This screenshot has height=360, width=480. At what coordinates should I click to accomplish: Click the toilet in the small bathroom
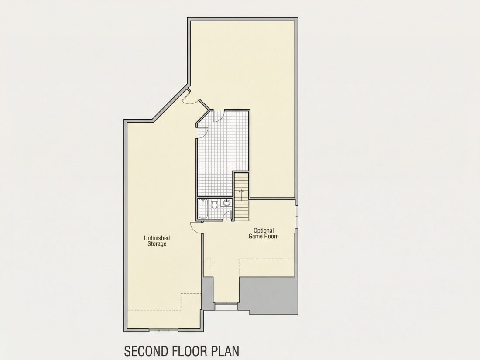coord(214,204)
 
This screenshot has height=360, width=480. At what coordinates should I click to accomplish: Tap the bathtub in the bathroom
coord(203,209)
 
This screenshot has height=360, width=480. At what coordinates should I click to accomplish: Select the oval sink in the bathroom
coord(226,202)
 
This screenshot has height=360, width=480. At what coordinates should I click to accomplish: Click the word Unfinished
coord(157,238)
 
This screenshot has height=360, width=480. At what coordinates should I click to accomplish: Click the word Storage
coord(157,244)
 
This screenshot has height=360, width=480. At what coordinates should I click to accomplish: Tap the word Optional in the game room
coord(264,230)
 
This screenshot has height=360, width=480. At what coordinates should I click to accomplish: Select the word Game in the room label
coord(255,237)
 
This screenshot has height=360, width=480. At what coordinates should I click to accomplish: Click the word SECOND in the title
coord(145,351)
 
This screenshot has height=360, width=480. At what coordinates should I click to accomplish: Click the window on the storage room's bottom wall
coord(164,330)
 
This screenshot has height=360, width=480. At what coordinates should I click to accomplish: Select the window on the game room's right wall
coord(296,216)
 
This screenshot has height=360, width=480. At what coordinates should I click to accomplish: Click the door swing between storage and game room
coord(195,226)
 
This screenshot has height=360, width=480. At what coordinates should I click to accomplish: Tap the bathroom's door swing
coord(227,215)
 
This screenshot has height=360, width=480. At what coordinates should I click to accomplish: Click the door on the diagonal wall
coord(187,97)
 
